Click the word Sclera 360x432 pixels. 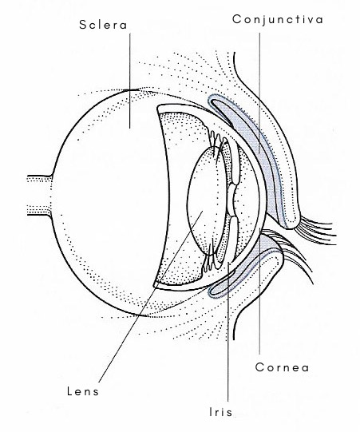(103, 25)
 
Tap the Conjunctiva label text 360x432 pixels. (278, 20)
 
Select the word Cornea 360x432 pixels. (282, 367)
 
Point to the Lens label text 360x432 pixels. (83, 391)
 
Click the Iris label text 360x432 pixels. (221, 412)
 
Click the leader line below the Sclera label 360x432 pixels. (130, 81)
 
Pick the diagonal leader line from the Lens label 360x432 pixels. (150, 296)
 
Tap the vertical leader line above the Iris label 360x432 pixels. (228, 331)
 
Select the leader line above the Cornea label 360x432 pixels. (259, 291)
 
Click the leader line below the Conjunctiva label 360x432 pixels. (259, 93)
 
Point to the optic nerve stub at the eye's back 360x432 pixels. (39, 195)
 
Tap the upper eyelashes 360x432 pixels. (317, 229)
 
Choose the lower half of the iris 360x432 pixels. (228, 239)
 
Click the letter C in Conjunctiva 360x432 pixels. (237, 19)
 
